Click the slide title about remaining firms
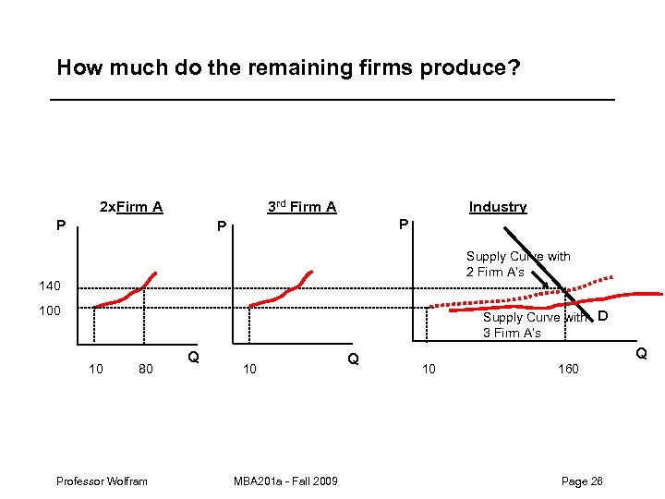(x=288, y=67)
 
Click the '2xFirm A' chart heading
(x=130, y=207)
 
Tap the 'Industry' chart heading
(x=497, y=207)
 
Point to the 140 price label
(x=49, y=286)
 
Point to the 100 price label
(x=49, y=310)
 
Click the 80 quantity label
(x=145, y=370)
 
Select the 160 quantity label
(x=568, y=370)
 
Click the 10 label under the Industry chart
(x=429, y=370)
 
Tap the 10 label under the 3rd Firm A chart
(x=249, y=370)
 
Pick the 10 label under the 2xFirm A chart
(x=95, y=370)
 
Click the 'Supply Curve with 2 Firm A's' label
(x=517, y=264)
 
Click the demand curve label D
(x=601, y=318)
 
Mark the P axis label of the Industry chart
(x=403, y=225)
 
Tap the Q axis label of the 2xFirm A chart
(x=193, y=358)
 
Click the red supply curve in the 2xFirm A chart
(x=129, y=294)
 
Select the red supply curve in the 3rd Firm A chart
(x=286, y=294)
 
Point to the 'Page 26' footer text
(x=582, y=481)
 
